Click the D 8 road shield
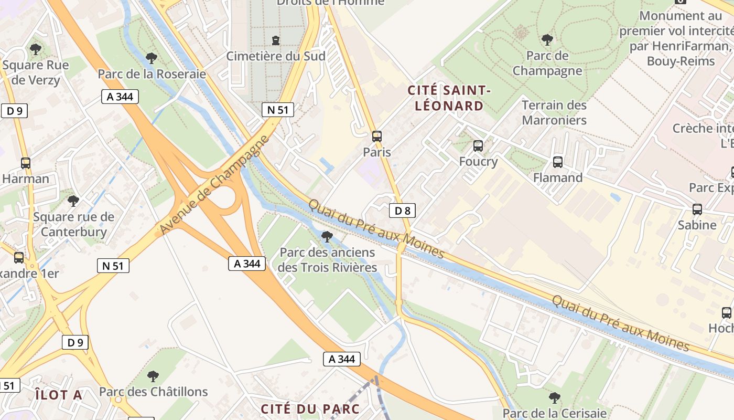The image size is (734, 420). [x=402, y=211]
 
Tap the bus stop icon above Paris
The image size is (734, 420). [x=377, y=136]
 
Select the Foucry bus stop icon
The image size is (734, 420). [x=478, y=146]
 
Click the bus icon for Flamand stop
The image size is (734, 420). [x=558, y=162]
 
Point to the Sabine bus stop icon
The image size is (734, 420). [x=697, y=209]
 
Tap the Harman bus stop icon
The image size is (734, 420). [x=25, y=163]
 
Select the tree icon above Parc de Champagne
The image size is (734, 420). [x=547, y=40]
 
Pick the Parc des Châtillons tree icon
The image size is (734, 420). [x=153, y=376]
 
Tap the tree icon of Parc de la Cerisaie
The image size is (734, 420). [x=554, y=398]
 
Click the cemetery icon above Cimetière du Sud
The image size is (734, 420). [x=276, y=40]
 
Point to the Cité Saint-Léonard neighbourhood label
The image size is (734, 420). [x=449, y=98]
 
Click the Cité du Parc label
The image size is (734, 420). [x=310, y=409]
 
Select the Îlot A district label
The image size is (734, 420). [x=59, y=395]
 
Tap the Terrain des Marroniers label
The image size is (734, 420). [x=554, y=112]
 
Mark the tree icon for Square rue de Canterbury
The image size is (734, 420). [x=73, y=201]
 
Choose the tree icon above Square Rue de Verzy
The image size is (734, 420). [x=36, y=50]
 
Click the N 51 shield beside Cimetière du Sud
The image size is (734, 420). [x=277, y=110]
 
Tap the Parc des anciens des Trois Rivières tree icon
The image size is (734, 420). [x=327, y=237]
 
